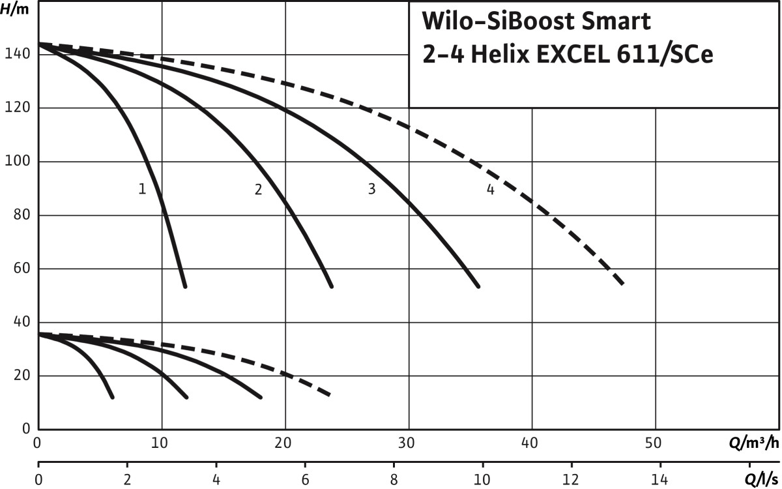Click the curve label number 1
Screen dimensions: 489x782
[142, 189]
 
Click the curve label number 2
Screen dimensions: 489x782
[258, 190]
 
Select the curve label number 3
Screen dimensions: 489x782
[371, 189]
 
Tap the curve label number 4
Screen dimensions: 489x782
[490, 190]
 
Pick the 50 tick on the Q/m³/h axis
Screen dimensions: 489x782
[655, 444]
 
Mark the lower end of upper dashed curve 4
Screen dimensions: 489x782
[623, 284]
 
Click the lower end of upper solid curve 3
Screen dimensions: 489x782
[478, 286]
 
